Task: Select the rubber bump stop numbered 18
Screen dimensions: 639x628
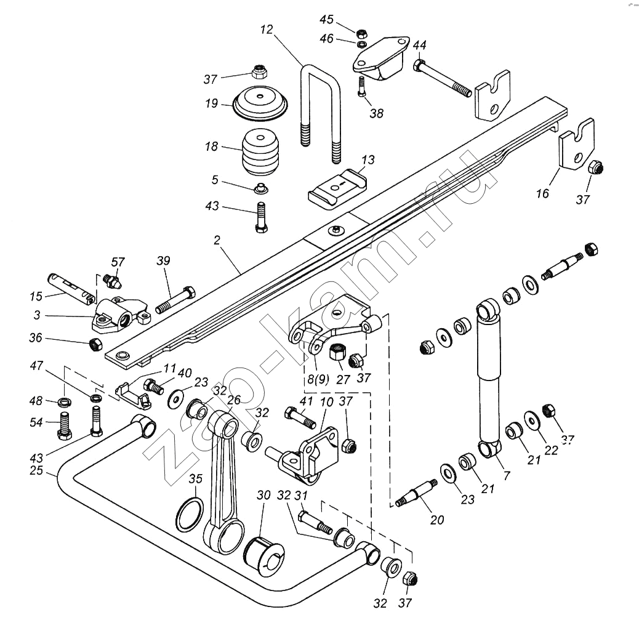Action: click(260, 153)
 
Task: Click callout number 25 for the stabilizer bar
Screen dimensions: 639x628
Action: click(36, 470)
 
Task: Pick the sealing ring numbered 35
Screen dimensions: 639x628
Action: click(190, 515)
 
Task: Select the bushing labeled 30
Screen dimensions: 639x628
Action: click(263, 556)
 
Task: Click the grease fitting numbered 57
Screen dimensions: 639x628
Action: click(111, 280)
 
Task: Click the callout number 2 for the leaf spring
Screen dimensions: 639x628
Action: click(217, 241)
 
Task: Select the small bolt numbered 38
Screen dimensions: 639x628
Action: click(362, 86)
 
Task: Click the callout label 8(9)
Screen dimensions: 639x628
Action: click(318, 379)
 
